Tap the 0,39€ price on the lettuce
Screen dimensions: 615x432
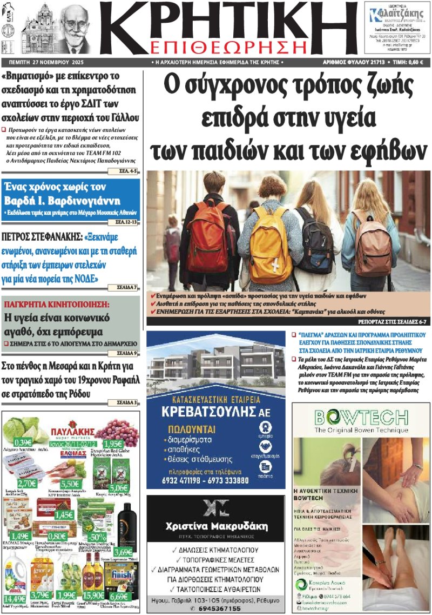(23, 442)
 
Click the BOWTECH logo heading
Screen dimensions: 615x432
(361, 418)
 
